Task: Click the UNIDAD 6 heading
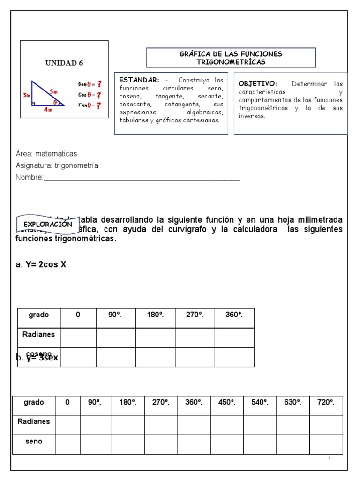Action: click(x=64, y=63)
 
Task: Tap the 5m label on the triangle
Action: click(x=54, y=92)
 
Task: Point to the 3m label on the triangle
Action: click(x=26, y=95)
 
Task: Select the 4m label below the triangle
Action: click(x=47, y=110)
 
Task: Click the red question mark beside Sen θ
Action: click(x=99, y=84)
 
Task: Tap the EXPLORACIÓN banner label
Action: click(x=48, y=224)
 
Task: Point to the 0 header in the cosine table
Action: click(x=78, y=315)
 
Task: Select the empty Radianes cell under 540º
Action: click(x=260, y=421)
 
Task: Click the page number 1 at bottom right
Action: click(x=330, y=457)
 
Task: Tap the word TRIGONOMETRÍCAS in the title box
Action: click(x=231, y=62)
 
